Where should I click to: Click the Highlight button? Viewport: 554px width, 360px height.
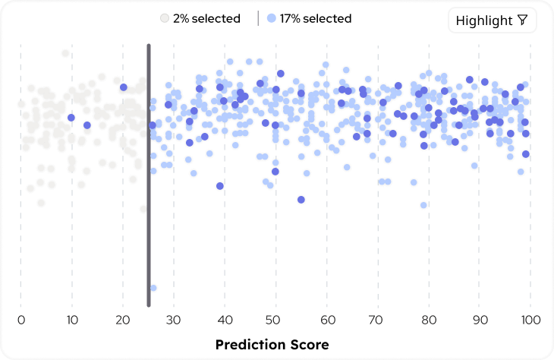point(492,21)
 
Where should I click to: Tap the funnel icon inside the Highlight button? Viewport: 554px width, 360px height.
point(522,21)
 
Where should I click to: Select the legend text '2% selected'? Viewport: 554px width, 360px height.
point(206,18)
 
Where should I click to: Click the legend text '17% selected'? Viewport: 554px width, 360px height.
point(316,18)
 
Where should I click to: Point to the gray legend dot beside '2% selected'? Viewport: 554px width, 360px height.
point(163,18)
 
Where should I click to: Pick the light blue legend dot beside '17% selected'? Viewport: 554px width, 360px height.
point(272,18)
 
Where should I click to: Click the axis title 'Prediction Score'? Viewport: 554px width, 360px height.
point(272,345)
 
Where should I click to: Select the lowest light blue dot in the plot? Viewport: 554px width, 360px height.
point(153,288)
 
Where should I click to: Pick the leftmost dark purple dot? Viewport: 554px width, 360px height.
point(71,118)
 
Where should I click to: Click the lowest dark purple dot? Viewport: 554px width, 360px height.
point(301,200)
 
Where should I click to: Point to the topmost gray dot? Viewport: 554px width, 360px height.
point(66,53)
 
